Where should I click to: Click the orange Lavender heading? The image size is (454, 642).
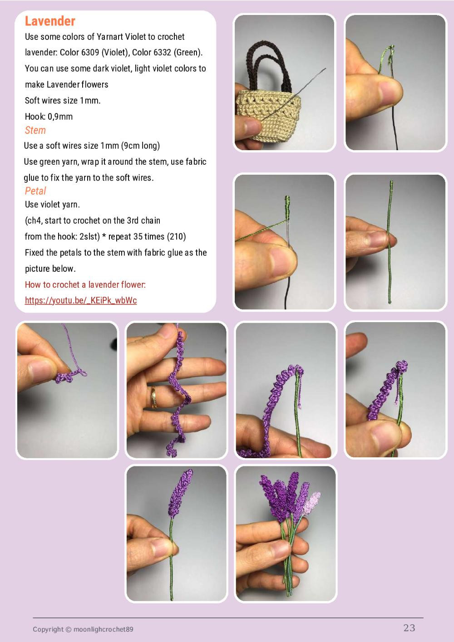50,21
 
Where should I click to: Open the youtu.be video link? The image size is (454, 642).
81,300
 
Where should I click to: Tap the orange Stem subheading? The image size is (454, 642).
35,130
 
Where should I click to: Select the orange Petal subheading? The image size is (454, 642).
35,191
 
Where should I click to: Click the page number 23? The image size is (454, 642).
409,627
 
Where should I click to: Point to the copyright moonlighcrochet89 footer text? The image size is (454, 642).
83,629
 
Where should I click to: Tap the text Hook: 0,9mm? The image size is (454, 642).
49,116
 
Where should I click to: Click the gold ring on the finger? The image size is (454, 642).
154,397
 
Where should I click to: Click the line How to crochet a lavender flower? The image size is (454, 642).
85,284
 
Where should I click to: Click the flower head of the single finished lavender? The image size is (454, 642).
180,494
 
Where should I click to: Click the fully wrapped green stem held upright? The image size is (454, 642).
390,242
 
